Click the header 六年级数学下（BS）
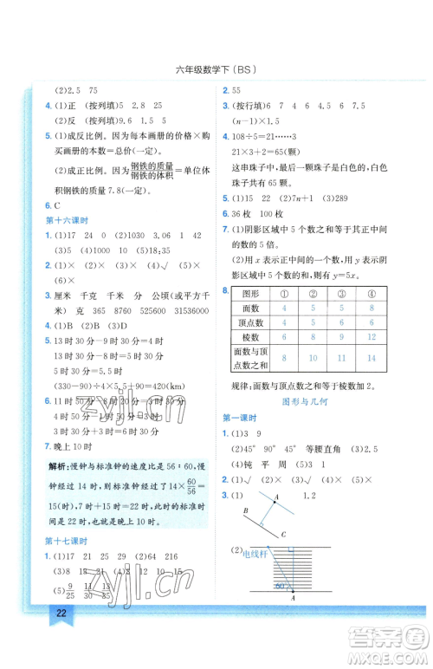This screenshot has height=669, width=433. pos(216,68)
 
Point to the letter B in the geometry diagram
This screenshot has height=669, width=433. pos(248,510)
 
